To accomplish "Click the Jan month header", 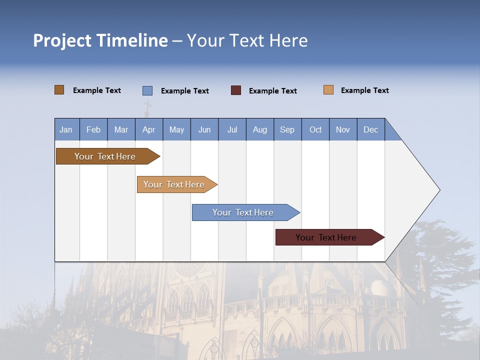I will click(x=66, y=129).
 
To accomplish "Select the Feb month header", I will click(x=93, y=129).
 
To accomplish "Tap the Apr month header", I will click(x=148, y=129).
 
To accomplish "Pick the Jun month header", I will click(x=204, y=129).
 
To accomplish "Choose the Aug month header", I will click(x=259, y=129).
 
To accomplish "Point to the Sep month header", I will click(x=287, y=129).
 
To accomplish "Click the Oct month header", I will click(x=315, y=129).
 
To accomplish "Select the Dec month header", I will click(x=370, y=129).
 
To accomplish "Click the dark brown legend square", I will click(x=59, y=90).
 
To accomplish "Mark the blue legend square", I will click(x=147, y=90).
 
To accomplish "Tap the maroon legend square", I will click(x=236, y=90).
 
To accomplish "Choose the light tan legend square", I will click(x=328, y=90).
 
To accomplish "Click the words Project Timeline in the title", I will click(x=100, y=40).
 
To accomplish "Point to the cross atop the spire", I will click(x=147, y=106).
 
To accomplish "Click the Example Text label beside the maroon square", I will click(x=272, y=91).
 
